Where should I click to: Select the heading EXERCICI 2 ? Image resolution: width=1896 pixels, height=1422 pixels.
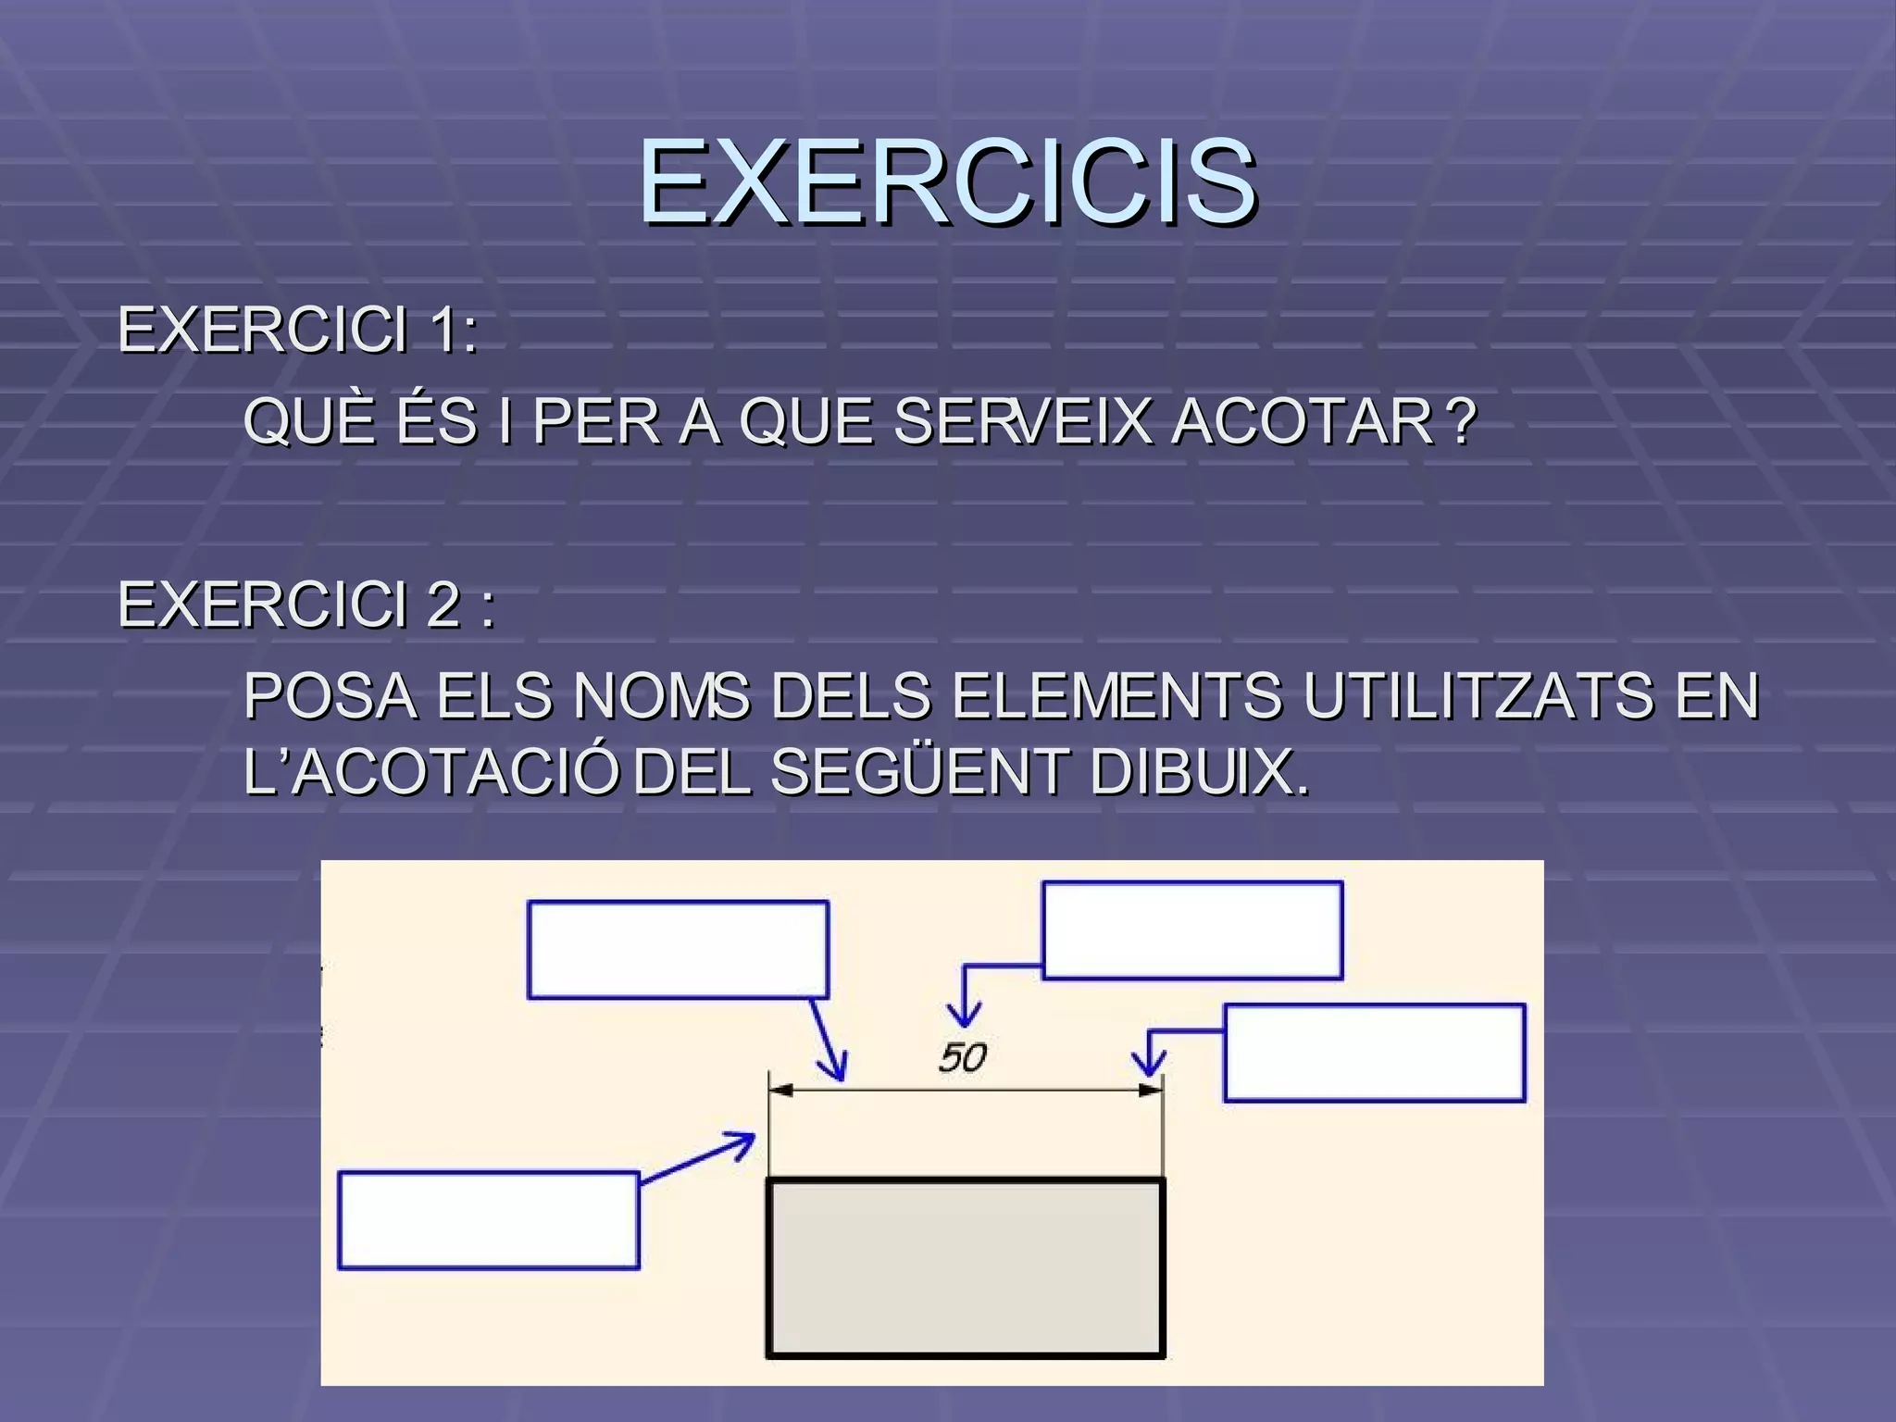[306, 605]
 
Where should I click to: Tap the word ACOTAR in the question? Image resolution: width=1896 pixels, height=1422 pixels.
[1303, 422]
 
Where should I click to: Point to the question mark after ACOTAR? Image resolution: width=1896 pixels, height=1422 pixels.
[1461, 422]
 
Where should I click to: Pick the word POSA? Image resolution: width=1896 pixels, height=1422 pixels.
[330, 696]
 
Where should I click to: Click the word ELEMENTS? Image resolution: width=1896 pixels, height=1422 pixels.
[1116, 696]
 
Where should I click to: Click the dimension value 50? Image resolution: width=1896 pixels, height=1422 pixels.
[963, 1057]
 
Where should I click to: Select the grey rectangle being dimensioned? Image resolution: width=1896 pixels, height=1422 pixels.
[966, 1267]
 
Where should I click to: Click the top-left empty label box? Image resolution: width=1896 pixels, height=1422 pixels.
[678, 950]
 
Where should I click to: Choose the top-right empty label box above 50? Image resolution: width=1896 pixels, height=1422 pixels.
[1192, 929]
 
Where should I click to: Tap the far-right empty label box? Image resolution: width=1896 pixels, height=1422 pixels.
[1374, 1053]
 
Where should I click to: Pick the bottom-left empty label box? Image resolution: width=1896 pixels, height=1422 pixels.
[489, 1220]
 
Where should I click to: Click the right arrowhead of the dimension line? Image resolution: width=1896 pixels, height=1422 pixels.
[1151, 1091]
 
